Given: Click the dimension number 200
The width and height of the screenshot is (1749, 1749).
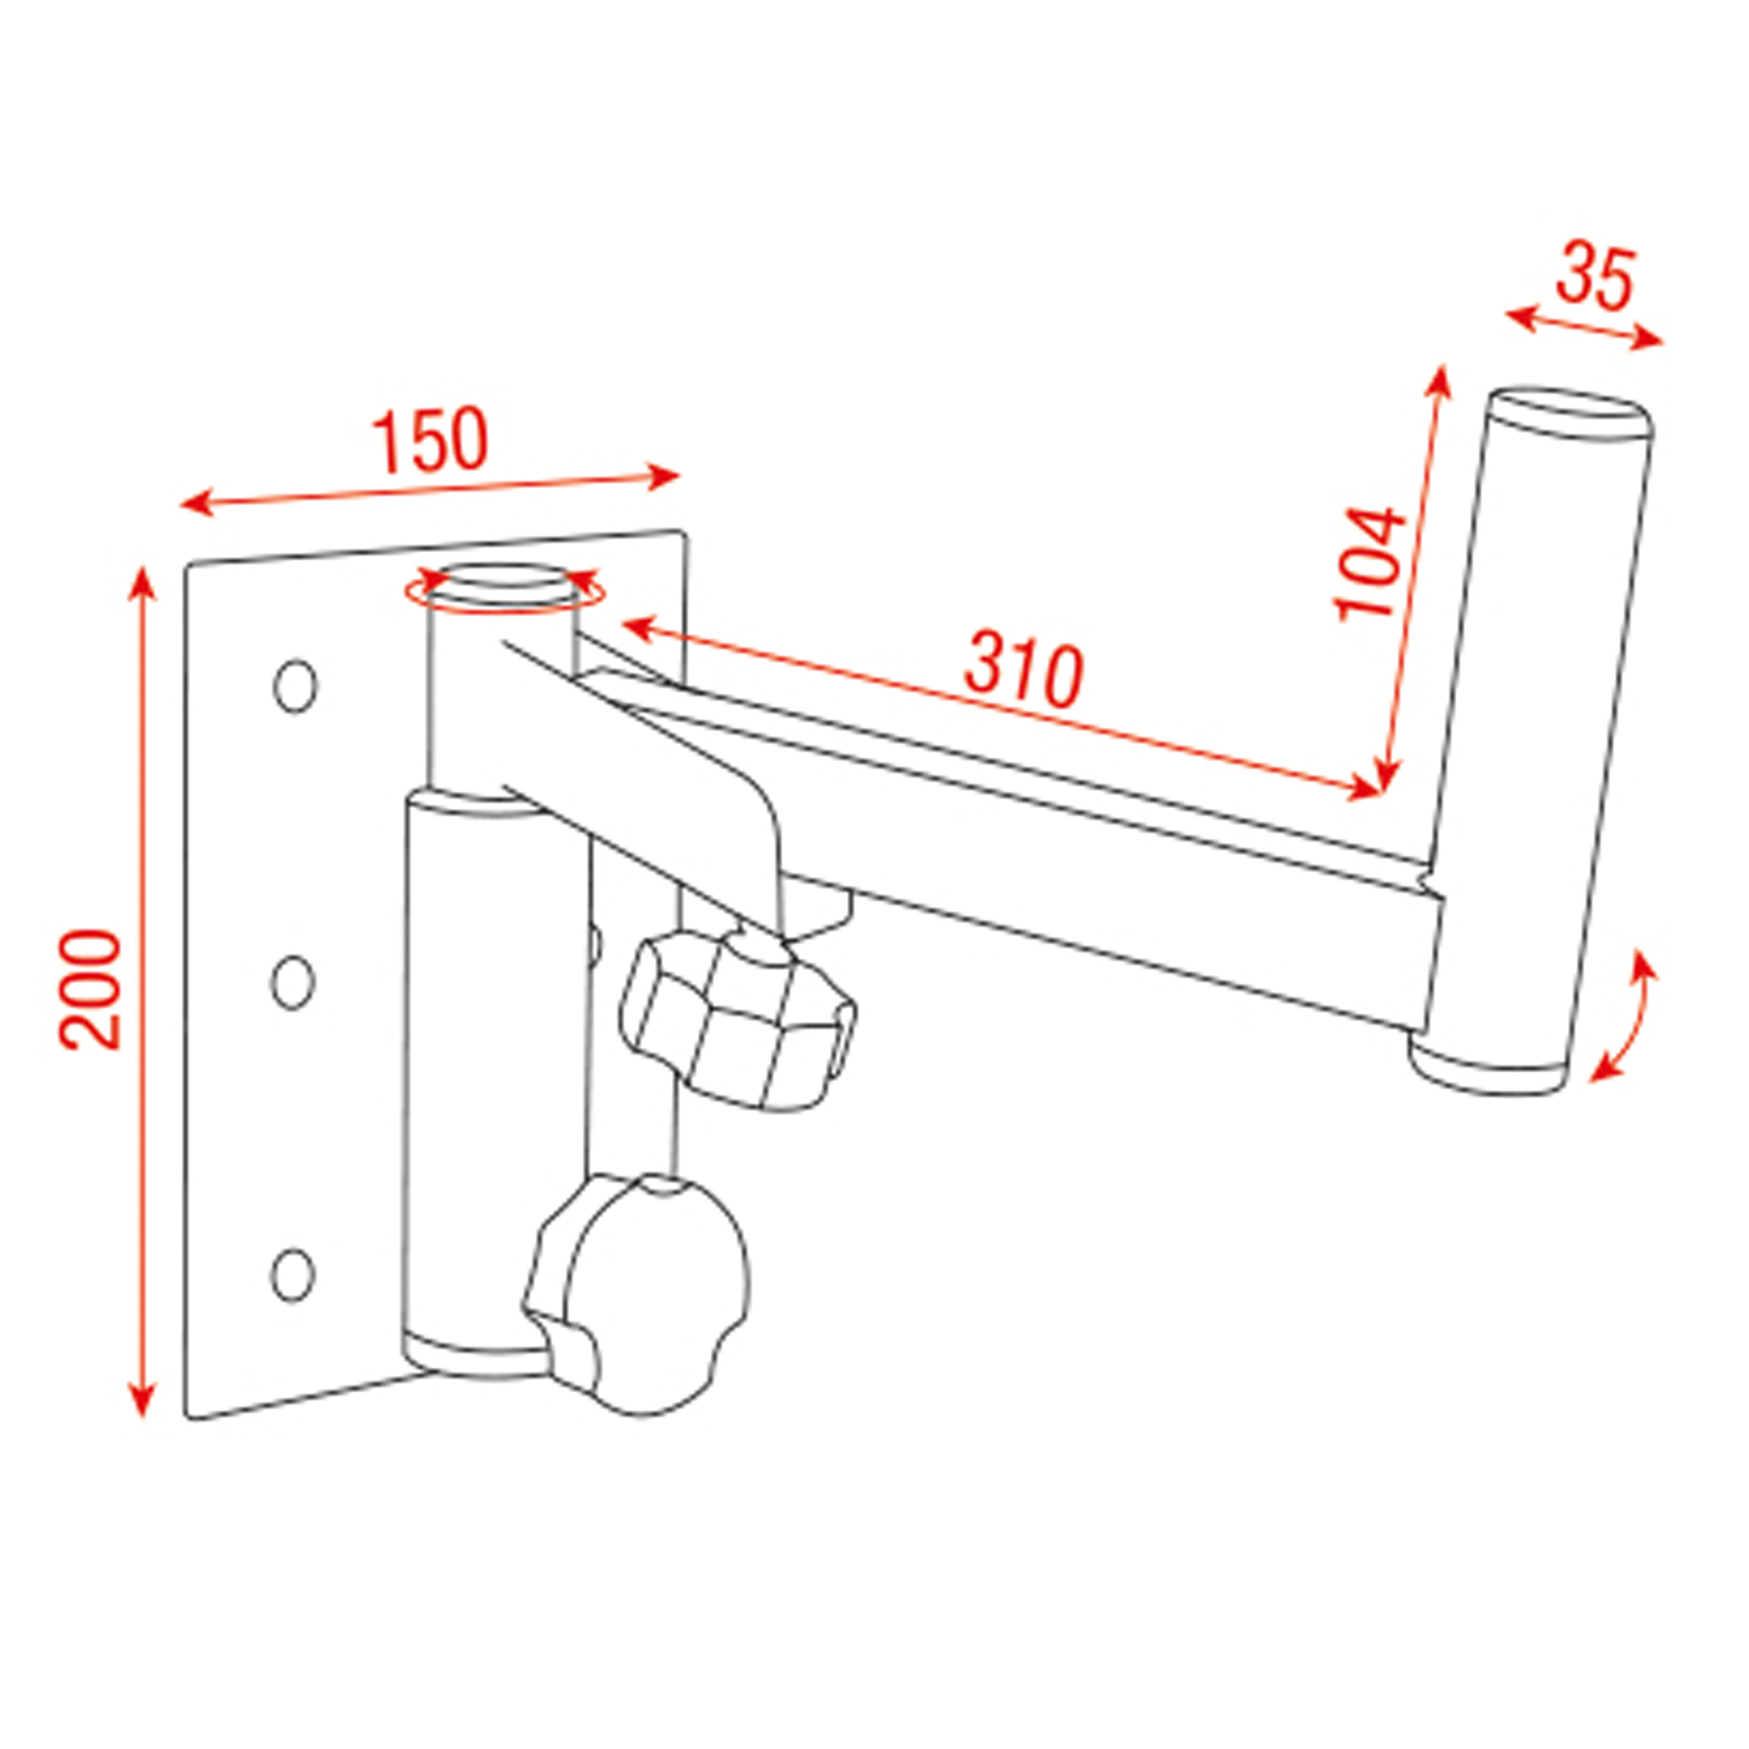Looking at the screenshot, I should tap(89, 988).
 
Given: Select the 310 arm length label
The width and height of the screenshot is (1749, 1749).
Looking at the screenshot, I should tap(1023, 672).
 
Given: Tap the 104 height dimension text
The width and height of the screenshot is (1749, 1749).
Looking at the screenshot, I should tap(1370, 563).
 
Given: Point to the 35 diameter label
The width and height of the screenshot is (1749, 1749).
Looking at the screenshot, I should tap(1596, 276).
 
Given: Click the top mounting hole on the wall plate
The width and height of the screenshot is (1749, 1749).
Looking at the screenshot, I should tap(295, 686).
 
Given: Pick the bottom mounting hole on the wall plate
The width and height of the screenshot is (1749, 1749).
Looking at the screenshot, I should tap(291, 1275).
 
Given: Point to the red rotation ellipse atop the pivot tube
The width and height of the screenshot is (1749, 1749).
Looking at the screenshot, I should tap(505, 590).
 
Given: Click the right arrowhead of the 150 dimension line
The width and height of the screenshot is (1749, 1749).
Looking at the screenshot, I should tap(665, 477).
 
